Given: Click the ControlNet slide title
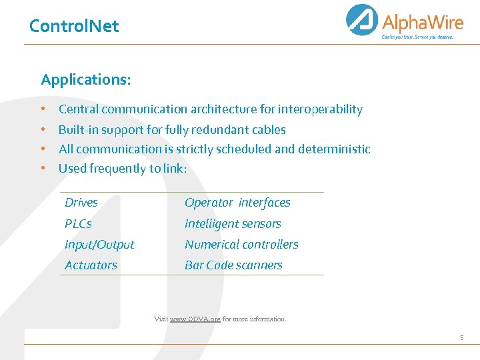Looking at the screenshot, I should pyautogui.click(x=74, y=26).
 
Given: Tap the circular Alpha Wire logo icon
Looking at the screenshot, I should pyautogui.click(x=362, y=20).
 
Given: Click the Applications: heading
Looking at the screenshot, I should pyautogui.click(x=86, y=80).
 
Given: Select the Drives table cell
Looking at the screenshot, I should pyautogui.click(x=81, y=203).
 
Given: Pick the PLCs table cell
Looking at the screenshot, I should pyautogui.click(x=78, y=224).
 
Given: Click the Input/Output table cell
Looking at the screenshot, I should pyautogui.click(x=99, y=245).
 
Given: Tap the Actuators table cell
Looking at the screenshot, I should pyautogui.click(x=91, y=265).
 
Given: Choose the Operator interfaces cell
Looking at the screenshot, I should pyautogui.click(x=237, y=203).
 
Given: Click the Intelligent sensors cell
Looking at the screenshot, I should pyautogui.click(x=233, y=224).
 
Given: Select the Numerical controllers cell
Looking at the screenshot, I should pyautogui.click(x=241, y=245).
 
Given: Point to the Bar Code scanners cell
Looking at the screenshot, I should pyautogui.click(x=233, y=265).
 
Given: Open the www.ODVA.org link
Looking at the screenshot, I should pyautogui.click(x=195, y=319).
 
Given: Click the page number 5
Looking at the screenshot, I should pyautogui.click(x=461, y=338).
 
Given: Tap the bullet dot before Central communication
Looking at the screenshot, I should pyautogui.click(x=42, y=109).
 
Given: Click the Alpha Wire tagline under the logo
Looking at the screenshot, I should pyautogui.click(x=417, y=37).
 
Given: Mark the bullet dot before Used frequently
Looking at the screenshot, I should pyautogui.click(x=42, y=169).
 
